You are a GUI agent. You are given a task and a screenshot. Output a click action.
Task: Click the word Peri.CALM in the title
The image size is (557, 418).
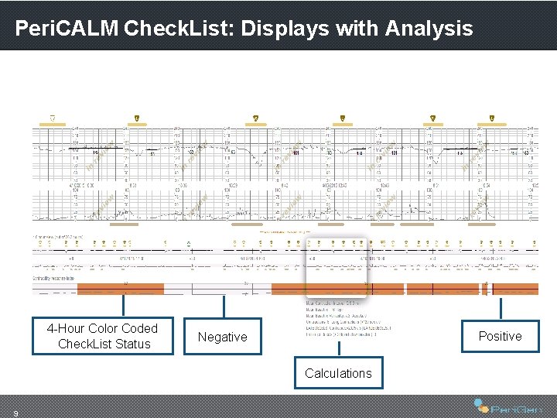66,29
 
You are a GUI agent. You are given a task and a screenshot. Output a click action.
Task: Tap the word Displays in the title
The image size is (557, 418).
283,29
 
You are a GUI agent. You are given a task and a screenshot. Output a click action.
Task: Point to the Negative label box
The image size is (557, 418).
222,337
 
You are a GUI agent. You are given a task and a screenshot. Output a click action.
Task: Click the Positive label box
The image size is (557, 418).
500,336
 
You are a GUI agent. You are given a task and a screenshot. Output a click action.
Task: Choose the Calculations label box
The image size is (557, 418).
338,373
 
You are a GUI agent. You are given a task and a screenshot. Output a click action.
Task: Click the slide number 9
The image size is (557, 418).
16,411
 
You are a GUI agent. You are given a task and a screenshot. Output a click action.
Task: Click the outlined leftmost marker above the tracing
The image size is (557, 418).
53,118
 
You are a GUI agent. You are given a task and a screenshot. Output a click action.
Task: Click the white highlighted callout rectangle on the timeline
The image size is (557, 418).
336,267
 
